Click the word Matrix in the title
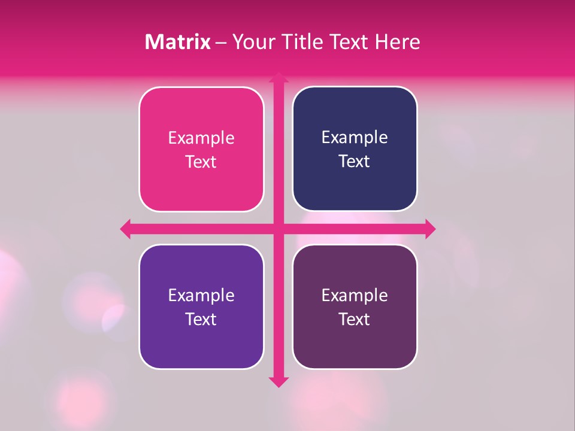point(178,42)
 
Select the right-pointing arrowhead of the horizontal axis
point(430,229)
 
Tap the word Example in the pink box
point(201,138)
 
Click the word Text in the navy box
point(355,162)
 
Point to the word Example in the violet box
point(201,296)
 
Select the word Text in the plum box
point(355,319)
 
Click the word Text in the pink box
point(201,162)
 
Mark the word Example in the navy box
point(355,138)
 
